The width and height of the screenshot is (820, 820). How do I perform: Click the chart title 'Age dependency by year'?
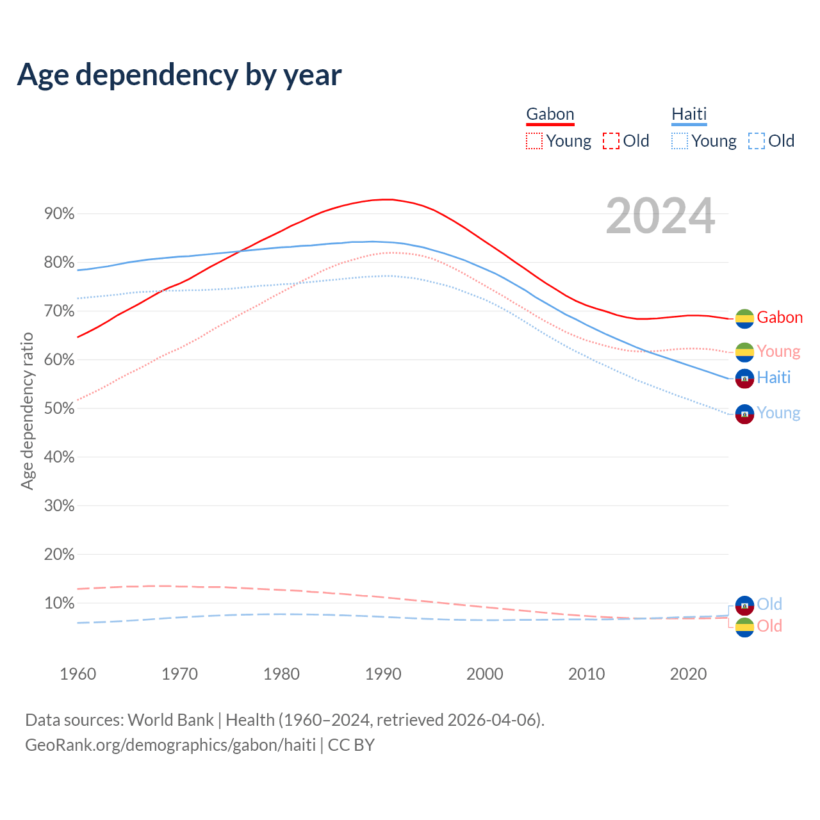click(x=179, y=74)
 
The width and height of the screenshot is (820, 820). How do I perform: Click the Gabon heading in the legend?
click(x=550, y=114)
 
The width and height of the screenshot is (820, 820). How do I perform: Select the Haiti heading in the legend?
click(x=689, y=114)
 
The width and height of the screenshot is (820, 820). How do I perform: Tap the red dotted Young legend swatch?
click(x=534, y=141)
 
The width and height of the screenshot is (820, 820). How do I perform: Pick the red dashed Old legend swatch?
click(x=611, y=141)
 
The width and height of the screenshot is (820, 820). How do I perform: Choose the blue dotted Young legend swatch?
click(x=680, y=141)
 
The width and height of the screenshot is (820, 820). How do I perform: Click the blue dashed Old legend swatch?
click(x=757, y=141)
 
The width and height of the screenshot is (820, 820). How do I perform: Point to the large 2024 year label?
click(x=660, y=217)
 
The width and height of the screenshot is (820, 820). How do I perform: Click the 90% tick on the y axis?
click(x=60, y=214)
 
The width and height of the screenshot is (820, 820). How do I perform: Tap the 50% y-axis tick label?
click(x=60, y=409)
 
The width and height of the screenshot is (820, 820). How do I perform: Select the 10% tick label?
click(x=60, y=603)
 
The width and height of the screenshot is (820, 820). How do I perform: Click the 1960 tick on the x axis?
click(x=78, y=674)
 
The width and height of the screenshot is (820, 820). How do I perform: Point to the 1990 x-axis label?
click(x=383, y=674)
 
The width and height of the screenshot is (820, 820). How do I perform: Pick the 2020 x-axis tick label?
click(x=688, y=674)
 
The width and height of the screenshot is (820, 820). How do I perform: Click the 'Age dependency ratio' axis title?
click(x=27, y=411)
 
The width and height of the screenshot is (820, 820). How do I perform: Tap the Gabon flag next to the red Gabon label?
click(x=744, y=318)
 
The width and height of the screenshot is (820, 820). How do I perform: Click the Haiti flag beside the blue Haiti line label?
click(x=744, y=379)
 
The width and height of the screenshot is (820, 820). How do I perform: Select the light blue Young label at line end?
click(x=778, y=413)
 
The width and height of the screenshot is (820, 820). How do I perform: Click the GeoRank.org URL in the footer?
click(x=170, y=745)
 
